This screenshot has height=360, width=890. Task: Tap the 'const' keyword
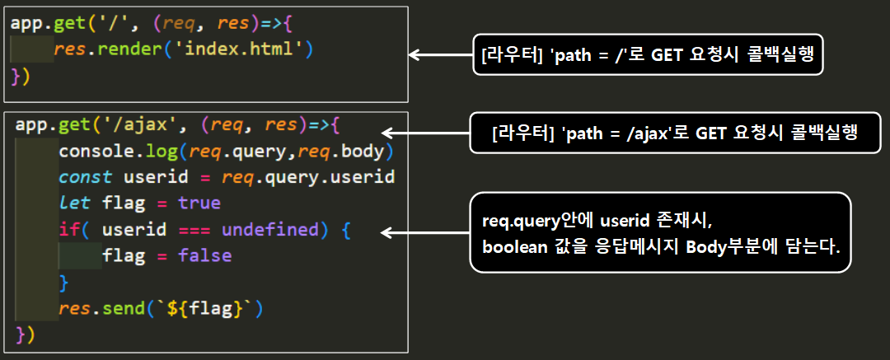click(85, 177)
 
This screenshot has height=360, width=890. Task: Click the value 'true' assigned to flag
click(199, 203)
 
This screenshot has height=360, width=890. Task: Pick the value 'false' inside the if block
click(204, 255)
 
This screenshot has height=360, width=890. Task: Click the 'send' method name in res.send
click(123, 309)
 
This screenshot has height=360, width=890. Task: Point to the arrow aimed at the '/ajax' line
click(425, 133)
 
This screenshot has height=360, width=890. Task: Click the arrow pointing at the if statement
click(425, 233)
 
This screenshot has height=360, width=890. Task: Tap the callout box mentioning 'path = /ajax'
click(673, 133)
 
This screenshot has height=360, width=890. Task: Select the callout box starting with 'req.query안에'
click(658, 232)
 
